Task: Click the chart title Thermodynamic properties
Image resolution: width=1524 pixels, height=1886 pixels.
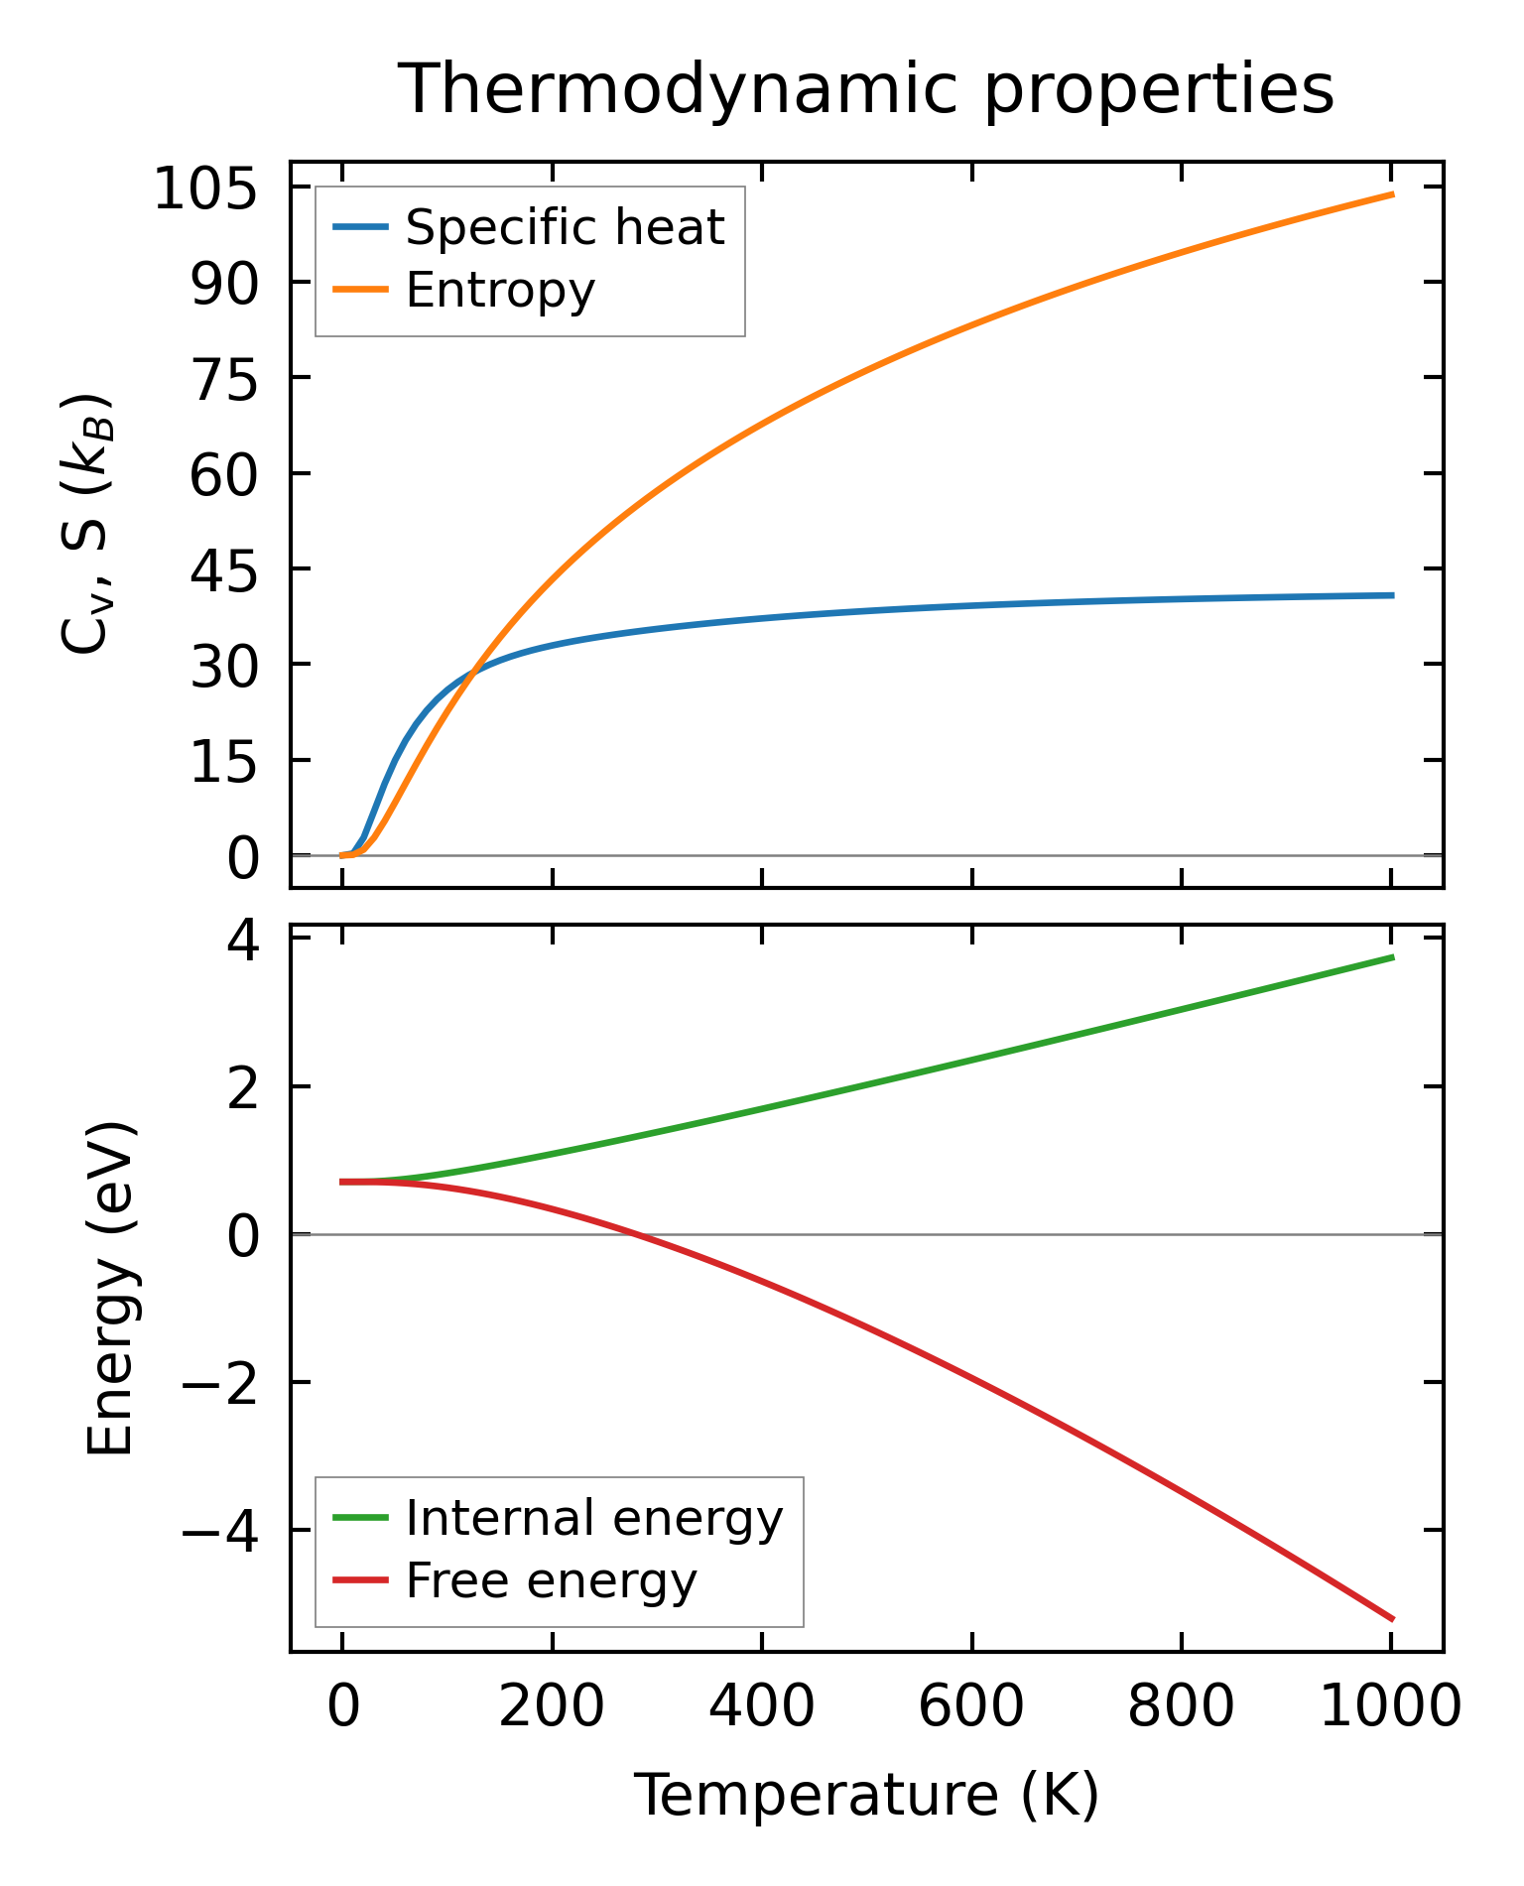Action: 865,90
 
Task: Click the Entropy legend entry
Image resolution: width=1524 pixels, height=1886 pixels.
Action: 500,291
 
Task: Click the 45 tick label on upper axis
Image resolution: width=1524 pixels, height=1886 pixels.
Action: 224,570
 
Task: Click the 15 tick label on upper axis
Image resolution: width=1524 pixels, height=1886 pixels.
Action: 224,762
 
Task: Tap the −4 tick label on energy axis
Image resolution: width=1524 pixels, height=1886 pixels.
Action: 220,1532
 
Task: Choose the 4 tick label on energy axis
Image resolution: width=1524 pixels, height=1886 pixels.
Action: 243,940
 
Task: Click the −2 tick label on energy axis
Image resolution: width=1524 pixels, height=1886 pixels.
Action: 220,1383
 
